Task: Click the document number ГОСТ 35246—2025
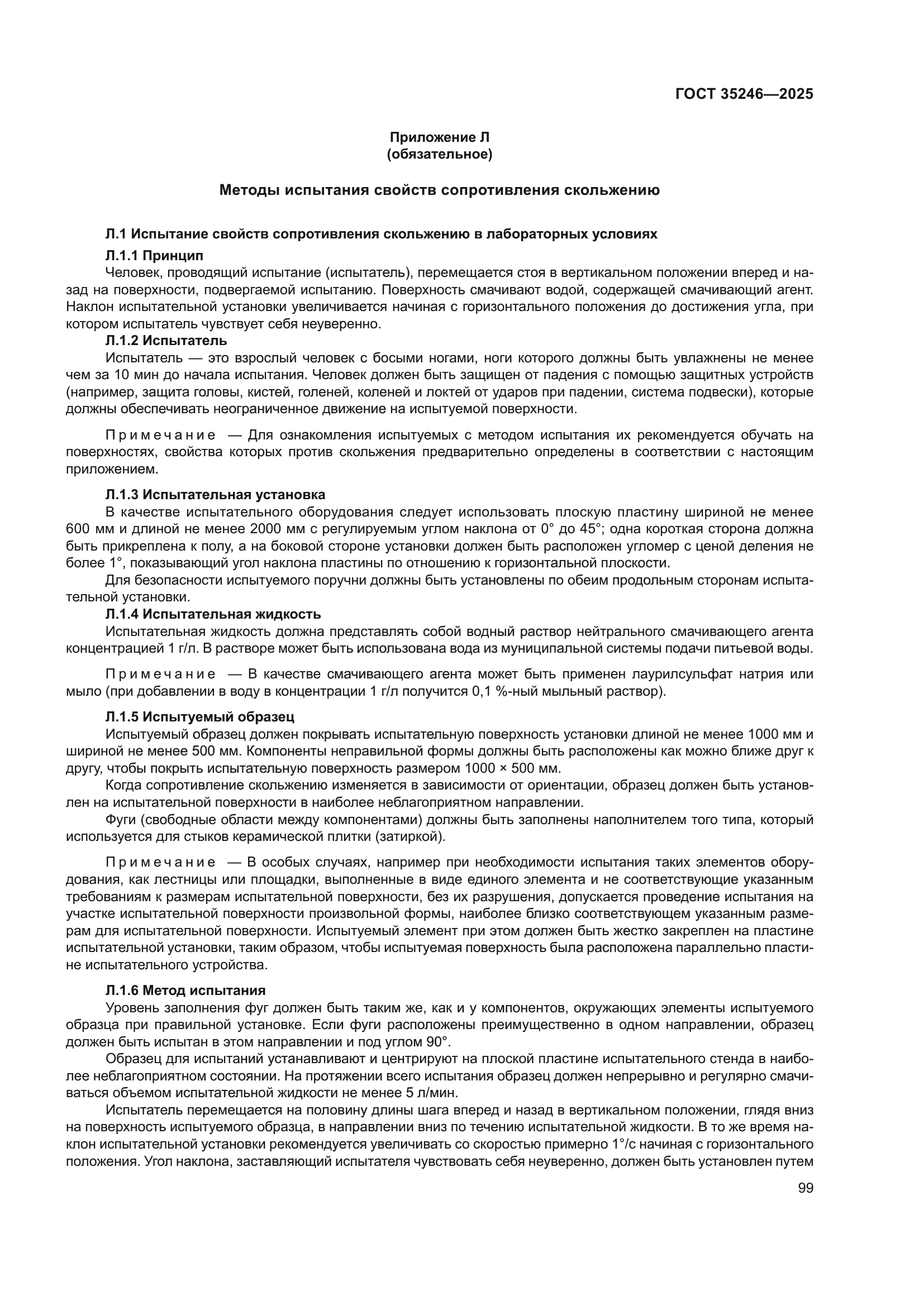point(744,94)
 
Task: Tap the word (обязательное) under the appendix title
point(439,154)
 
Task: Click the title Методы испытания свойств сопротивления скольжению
point(439,190)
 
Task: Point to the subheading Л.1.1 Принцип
point(154,255)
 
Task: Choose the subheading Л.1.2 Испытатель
point(166,341)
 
